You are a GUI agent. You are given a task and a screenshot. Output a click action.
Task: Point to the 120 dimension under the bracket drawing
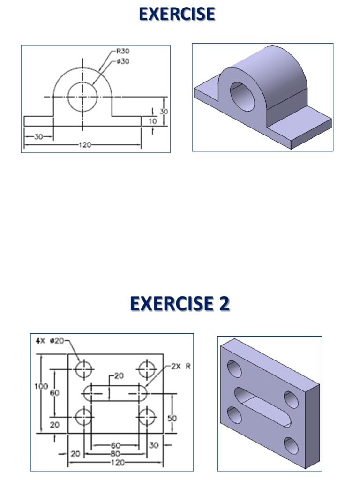point(84,145)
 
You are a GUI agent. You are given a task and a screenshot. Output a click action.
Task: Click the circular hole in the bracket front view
point(83,97)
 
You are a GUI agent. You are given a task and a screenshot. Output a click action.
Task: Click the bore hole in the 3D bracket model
point(242,96)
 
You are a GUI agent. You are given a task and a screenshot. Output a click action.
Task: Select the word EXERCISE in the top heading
point(177,14)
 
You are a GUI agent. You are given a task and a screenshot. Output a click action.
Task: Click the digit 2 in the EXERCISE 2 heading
point(224,304)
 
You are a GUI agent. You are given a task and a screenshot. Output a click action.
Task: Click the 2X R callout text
point(181,367)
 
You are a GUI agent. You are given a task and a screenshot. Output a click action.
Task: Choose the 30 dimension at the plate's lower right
point(154,444)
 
